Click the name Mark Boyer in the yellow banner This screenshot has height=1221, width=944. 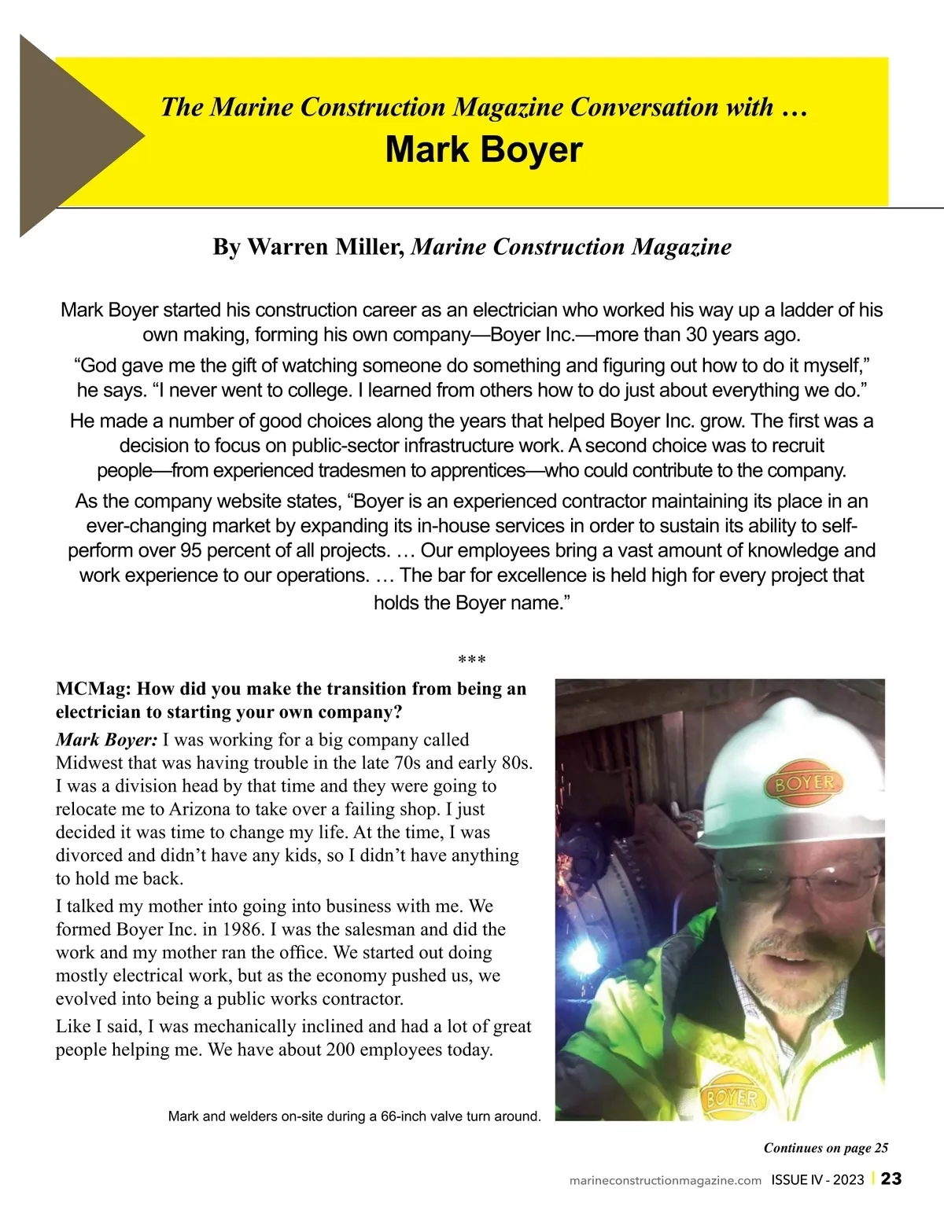pos(484,149)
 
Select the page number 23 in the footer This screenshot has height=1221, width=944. pos(891,1179)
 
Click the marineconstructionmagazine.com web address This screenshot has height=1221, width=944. pos(665,1180)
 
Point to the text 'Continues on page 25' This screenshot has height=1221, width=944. pos(826,1148)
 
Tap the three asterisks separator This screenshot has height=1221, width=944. pos(471,660)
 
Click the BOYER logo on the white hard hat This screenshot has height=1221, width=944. pos(804,783)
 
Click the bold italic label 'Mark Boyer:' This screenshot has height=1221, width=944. pos(106,740)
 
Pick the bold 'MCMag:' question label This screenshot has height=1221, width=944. pos(93,689)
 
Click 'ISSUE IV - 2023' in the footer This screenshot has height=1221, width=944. pos(817,1180)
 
